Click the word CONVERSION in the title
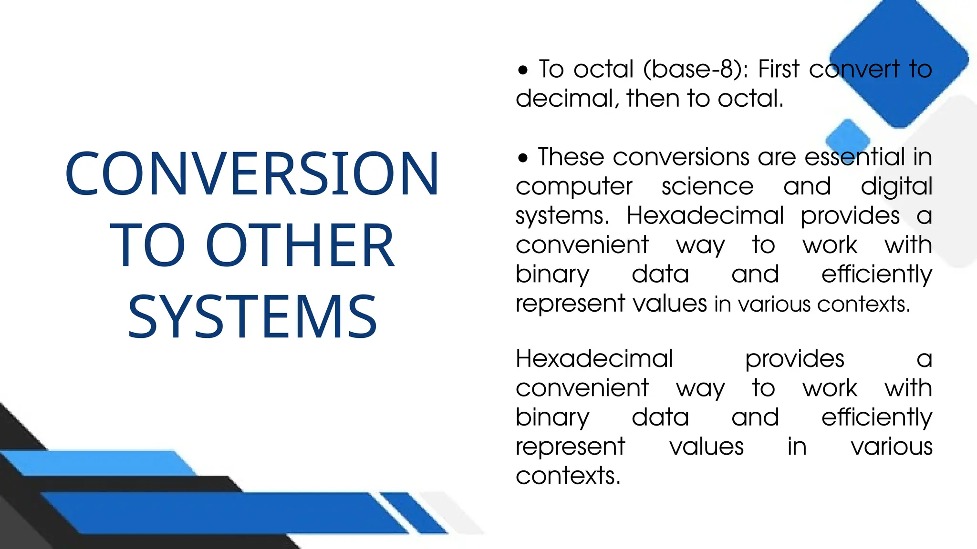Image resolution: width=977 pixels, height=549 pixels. point(252,173)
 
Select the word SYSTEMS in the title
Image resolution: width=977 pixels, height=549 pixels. point(252,317)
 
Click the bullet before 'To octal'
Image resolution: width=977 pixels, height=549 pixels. point(523,71)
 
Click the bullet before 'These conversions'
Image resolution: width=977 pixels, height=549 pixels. point(523,158)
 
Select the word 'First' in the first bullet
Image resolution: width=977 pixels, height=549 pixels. point(779,69)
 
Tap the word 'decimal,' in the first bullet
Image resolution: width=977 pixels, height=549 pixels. point(567,99)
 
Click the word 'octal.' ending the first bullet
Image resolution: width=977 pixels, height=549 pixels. point(751,99)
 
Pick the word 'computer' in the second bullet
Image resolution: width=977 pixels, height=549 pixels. point(574,187)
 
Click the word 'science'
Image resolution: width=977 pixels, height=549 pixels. point(707,186)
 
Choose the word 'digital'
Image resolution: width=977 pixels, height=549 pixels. point(896,187)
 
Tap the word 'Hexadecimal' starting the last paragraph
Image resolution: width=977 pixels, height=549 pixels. point(594,358)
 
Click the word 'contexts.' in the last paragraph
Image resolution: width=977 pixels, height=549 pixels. point(568,476)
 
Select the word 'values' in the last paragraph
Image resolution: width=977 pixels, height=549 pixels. point(707,447)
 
